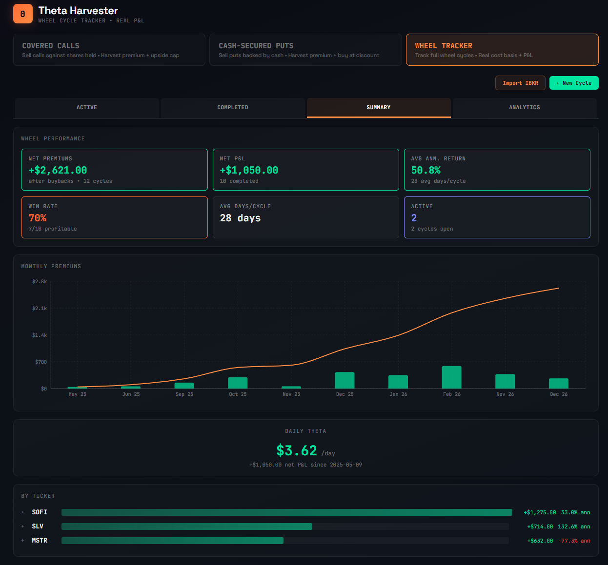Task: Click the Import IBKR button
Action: click(520, 83)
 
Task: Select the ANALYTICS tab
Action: click(524, 108)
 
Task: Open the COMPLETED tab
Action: click(233, 108)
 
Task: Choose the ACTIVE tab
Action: click(87, 108)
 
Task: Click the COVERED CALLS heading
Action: click(51, 46)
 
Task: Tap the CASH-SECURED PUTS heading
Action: click(256, 46)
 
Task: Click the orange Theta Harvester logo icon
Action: click(22, 14)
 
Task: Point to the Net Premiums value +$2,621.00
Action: click(58, 170)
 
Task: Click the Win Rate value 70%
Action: click(38, 218)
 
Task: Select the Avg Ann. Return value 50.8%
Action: click(426, 170)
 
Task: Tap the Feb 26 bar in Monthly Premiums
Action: click(451, 377)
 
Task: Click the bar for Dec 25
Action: click(345, 380)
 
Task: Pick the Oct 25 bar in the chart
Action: click(238, 383)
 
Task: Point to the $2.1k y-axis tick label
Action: click(40, 308)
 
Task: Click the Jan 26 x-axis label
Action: click(398, 394)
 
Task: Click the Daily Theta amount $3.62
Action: click(297, 450)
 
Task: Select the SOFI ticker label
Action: click(40, 512)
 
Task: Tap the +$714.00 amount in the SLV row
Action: click(540, 526)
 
